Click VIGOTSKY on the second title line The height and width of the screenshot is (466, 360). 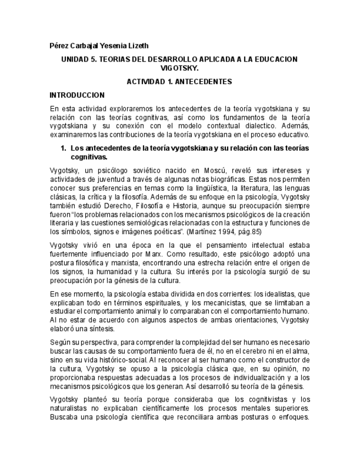179,68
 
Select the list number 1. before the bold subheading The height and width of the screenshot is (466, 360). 64,148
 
